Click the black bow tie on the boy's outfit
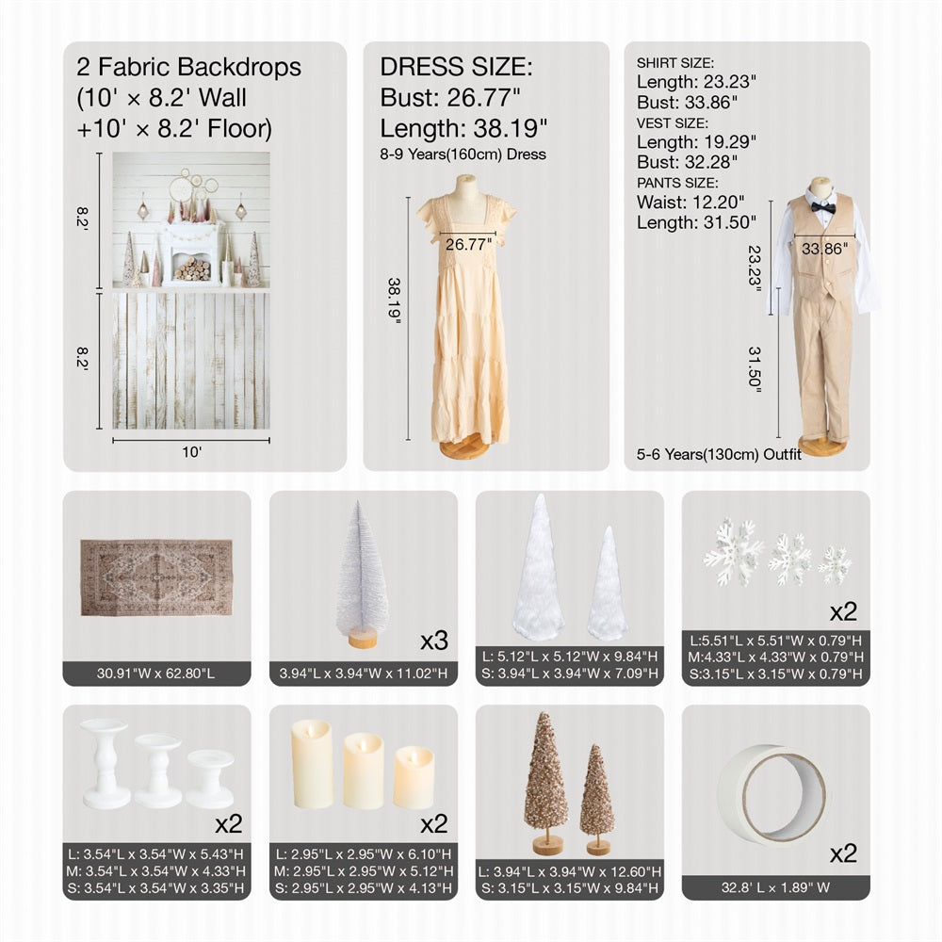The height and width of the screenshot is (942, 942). click(x=823, y=207)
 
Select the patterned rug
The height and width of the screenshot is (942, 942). click(x=155, y=577)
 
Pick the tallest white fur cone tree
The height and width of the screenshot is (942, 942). click(x=538, y=568)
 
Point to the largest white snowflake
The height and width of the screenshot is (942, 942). click(x=734, y=553)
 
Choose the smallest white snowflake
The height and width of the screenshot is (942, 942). click(x=835, y=565)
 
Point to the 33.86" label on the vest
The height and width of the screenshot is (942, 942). click(x=824, y=249)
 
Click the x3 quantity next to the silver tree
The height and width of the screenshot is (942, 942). click(x=433, y=642)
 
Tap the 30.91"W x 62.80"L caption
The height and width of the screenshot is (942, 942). click(x=156, y=674)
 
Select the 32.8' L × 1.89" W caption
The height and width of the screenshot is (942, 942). click(x=775, y=887)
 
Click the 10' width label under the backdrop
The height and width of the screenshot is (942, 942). click(x=191, y=452)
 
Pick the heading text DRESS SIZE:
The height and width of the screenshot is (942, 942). click(x=456, y=67)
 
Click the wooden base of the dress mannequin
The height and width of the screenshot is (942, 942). click(x=464, y=448)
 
